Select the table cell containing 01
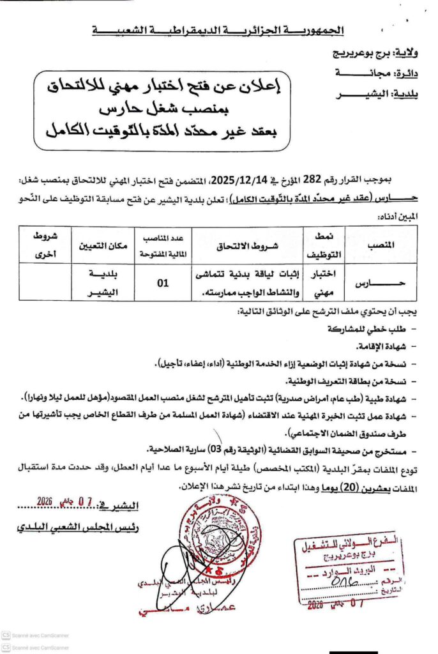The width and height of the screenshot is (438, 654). click(x=163, y=278)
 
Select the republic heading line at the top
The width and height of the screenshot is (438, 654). click(x=217, y=30)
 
